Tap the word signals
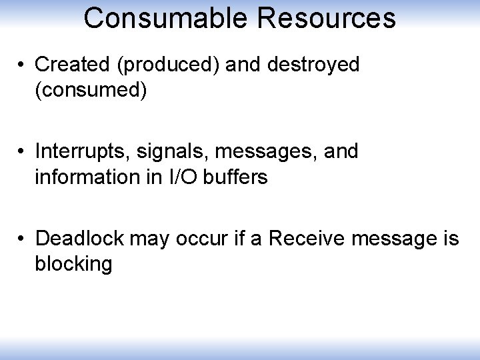163,152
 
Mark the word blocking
73,264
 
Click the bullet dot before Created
22,65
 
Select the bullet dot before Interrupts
22,152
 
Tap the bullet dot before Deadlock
22,239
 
